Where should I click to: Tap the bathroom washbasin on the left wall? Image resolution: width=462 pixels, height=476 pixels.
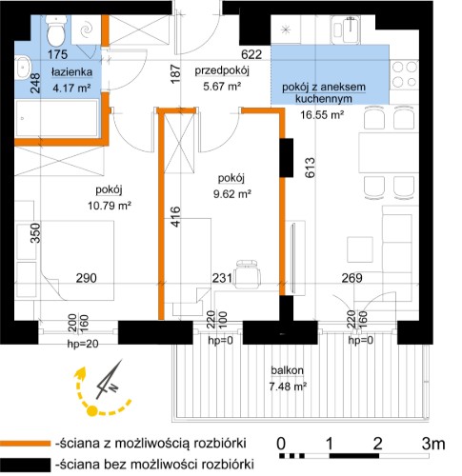click(23, 67)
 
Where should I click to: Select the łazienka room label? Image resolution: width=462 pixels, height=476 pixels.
click(71, 72)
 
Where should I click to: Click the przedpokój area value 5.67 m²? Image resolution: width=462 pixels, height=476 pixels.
click(222, 86)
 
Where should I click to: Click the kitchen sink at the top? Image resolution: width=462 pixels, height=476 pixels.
click(346, 30)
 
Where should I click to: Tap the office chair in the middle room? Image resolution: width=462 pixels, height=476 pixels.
click(248, 273)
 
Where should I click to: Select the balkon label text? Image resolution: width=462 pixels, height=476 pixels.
click(287, 370)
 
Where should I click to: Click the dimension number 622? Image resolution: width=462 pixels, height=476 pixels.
click(251, 54)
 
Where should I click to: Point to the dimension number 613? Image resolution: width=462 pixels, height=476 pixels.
click(311, 168)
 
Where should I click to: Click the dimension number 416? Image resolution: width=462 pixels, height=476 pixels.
click(175, 216)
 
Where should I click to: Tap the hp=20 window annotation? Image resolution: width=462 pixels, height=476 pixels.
click(83, 344)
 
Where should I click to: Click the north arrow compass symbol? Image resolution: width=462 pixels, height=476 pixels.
click(110, 379)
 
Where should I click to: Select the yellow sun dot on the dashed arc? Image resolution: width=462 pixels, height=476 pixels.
click(91, 411)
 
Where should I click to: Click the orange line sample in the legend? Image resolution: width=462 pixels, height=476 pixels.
click(26, 444)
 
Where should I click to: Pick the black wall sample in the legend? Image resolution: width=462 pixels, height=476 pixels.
click(26, 465)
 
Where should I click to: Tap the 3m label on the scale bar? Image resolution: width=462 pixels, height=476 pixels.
click(433, 444)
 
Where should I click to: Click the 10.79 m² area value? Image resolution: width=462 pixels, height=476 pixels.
click(110, 206)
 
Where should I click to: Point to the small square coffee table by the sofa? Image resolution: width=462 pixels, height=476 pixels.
click(360, 249)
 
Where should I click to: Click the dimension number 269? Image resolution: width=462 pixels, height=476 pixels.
click(352, 278)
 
